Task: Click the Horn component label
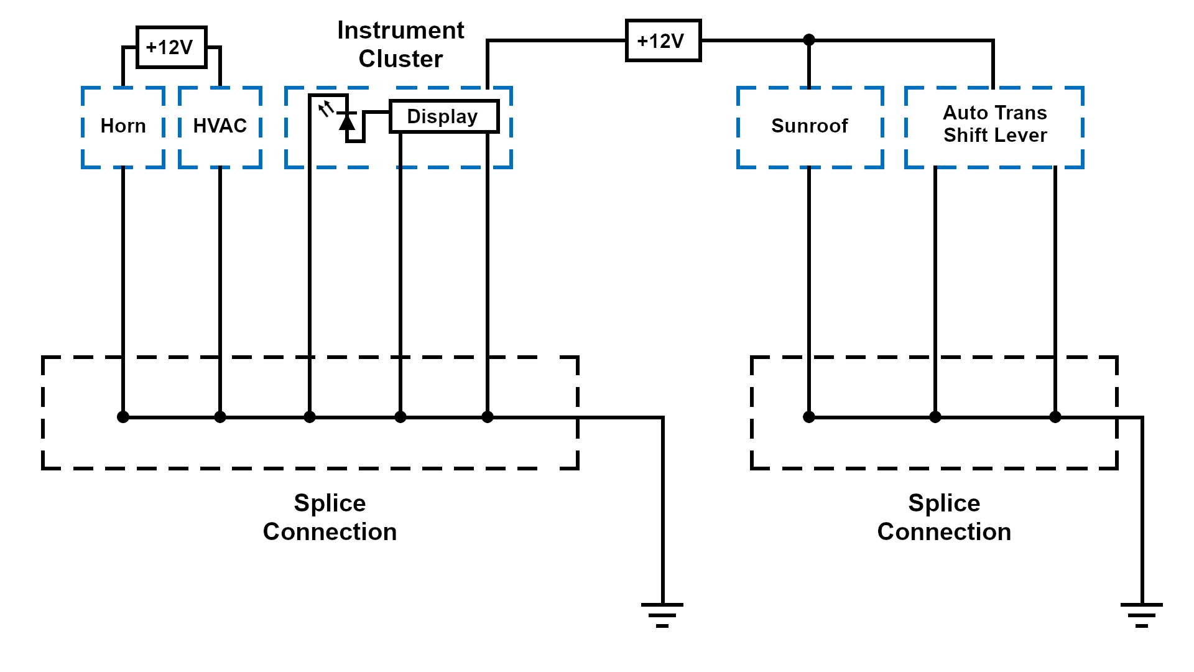(x=123, y=126)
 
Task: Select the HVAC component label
(x=220, y=126)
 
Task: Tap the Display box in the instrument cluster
(x=443, y=116)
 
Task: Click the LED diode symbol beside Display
(x=347, y=121)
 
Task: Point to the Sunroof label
(x=809, y=126)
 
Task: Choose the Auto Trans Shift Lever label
(x=994, y=124)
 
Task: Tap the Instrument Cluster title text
(x=400, y=44)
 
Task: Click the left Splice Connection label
(x=330, y=517)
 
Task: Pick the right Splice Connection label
(x=944, y=517)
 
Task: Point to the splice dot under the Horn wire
(x=123, y=417)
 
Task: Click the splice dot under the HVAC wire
(x=220, y=417)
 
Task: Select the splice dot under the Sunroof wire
(x=809, y=417)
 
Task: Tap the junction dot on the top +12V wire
(x=809, y=40)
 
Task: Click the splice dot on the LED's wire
(x=310, y=417)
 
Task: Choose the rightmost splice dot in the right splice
(x=1055, y=417)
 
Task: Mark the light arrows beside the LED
(x=326, y=110)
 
